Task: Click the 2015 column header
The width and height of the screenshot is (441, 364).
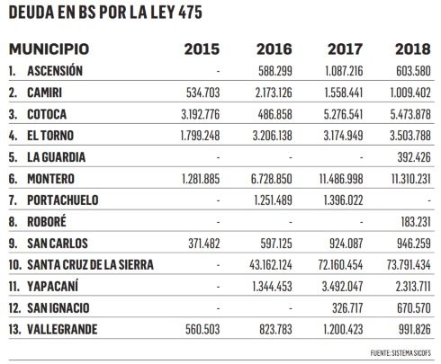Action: coord(202,49)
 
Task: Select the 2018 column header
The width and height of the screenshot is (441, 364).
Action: coord(413,49)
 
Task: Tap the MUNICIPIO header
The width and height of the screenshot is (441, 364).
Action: coord(49,49)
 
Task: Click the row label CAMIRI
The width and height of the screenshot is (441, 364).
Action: coord(45,93)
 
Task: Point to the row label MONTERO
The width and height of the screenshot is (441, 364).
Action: coord(50,179)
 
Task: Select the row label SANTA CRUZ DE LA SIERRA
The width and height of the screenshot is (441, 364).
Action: coord(90,265)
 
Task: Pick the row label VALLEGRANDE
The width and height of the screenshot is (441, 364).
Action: coord(62,330)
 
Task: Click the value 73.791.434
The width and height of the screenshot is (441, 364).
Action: coord(409,265)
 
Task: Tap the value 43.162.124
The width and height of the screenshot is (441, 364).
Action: coord(271,265)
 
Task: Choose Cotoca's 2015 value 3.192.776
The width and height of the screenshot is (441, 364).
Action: coord(201,114)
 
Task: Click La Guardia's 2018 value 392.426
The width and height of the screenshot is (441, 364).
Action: coord(414,157)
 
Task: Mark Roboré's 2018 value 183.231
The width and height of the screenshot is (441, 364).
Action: coord(416,222)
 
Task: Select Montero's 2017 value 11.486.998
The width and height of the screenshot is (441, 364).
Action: coord(341,179)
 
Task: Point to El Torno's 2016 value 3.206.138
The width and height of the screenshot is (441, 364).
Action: coord(273,136)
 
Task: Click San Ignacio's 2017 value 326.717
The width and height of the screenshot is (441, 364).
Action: coord(347,308)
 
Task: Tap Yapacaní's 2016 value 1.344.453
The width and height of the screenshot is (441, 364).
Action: coord(273,287)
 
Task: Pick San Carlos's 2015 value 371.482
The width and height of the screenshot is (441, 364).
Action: coord(204,244)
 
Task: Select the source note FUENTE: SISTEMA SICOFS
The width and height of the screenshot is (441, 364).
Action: coord(400,353)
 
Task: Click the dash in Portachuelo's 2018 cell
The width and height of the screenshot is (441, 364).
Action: coord(429,200)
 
